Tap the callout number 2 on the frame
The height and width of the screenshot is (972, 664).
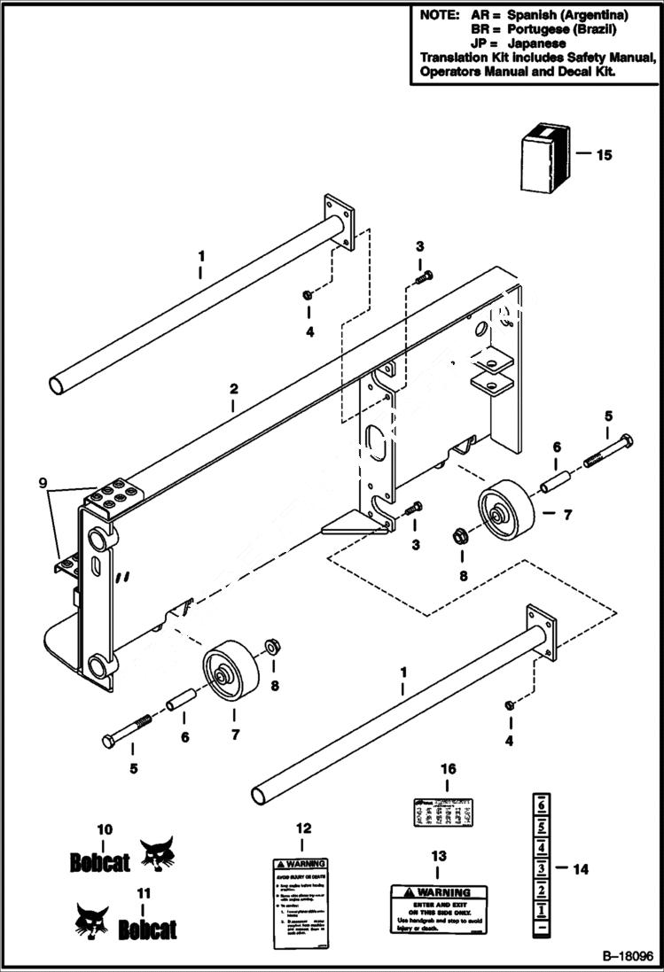pos(232,389)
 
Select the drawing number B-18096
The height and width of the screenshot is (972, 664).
pos(626,957)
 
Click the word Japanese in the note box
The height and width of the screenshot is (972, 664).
pos(535,43)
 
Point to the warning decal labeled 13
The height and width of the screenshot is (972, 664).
pos(438,908)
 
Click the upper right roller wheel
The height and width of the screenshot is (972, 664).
pos(506,509)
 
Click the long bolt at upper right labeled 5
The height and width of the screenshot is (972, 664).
pos(607,452)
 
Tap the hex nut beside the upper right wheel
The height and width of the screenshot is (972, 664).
pos(462,534)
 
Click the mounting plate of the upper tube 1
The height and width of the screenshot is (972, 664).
pos(339,217)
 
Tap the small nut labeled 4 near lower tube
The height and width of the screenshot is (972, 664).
pos(510,705)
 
